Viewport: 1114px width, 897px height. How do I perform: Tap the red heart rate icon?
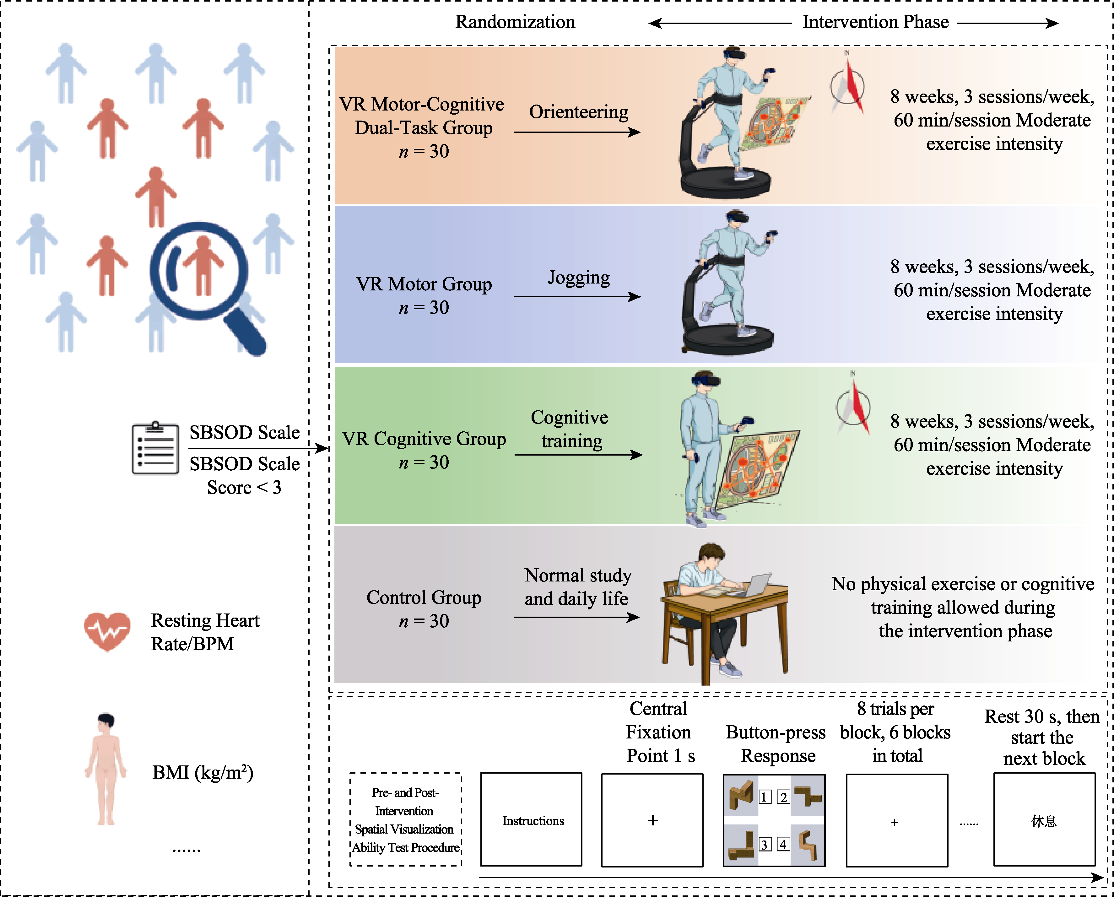pyautogui.click(x=107, y=631)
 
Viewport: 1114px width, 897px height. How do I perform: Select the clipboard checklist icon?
pyautogui.click(x=155, y=448)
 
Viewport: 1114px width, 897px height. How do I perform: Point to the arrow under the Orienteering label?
pyautogui.click(x=577, y=132)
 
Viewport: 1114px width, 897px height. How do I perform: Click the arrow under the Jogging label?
pyautogui.click(x=577, y=297)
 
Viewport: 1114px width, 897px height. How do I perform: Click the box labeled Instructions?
pyautogui.click(x=531, y=820)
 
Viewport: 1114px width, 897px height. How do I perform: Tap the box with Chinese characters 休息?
pyautogui.click(x=1044, y=820)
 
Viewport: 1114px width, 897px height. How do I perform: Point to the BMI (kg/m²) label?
pyautogui.click(x=203, y=772)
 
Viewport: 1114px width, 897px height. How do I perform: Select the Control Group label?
pyautogui.click(x=424, y=597)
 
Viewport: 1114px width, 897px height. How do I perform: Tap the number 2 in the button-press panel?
pyautogui.click(x=783, y=797)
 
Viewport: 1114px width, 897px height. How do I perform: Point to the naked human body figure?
pyautogui.click(x=106, y=770)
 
